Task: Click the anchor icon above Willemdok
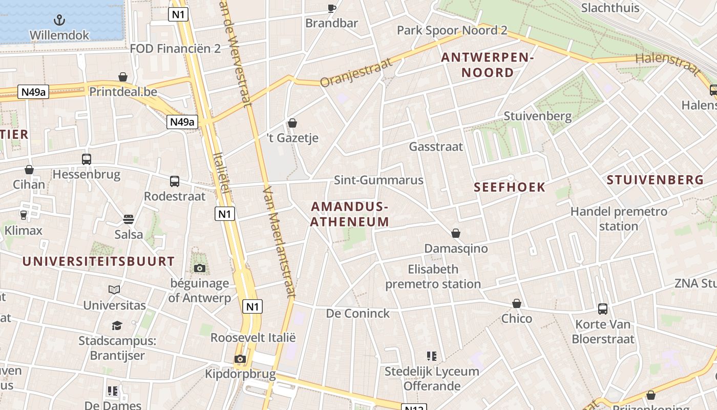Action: coord(60,20)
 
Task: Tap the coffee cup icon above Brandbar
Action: coord(332,8)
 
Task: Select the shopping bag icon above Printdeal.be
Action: coord(123,77)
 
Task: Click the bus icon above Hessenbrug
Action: coord(86,159)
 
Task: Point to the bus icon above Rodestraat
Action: coord(175,181)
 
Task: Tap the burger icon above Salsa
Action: coord(129,219)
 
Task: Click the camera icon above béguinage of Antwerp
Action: coord(200,268)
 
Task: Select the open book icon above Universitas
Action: coord(114,290)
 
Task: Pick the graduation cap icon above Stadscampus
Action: coord(117,325)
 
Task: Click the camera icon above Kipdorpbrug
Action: coord(240,359)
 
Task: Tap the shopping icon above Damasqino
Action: coord(456,234)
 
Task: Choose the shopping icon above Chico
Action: coord(517,303)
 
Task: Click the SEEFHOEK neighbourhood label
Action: coord(510,187)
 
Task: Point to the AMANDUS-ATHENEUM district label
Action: coord(350,214)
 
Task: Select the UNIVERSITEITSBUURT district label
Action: coord(98,261)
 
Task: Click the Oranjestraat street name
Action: coord(356,72)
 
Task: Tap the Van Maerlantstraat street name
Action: coord(279,241)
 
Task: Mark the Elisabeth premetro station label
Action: coord(433,276)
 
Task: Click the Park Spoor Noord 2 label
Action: coord(452,30)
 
